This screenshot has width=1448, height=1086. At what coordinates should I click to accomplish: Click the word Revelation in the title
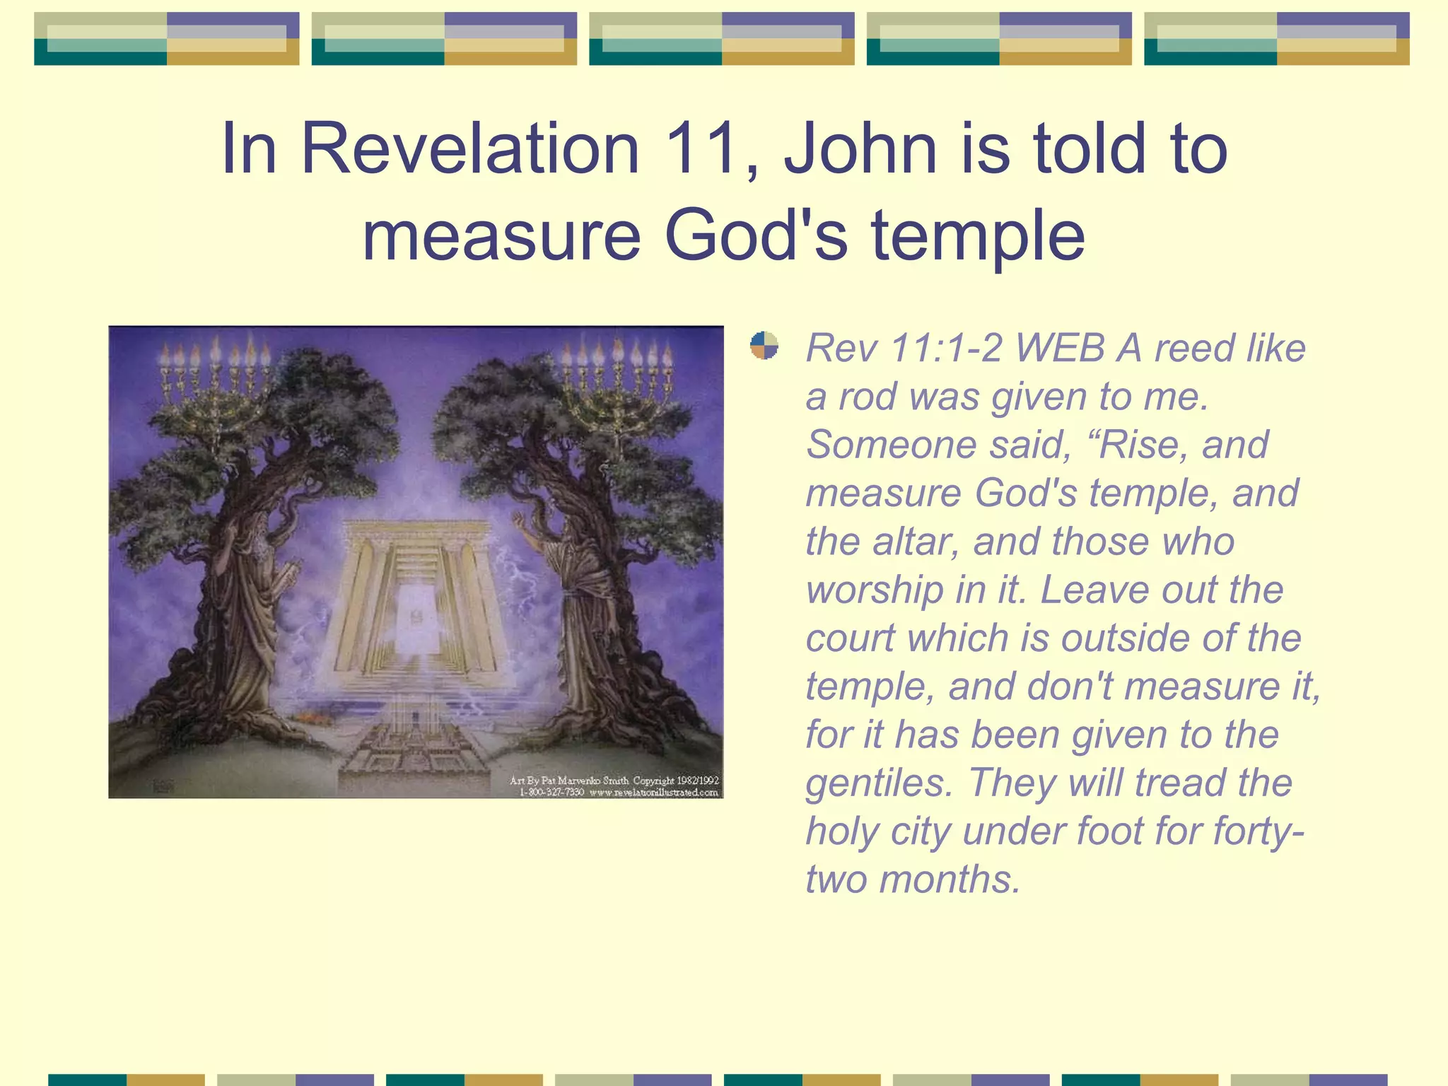[x=470, y=148]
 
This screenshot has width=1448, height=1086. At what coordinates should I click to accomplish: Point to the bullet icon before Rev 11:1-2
[x=764, y=346]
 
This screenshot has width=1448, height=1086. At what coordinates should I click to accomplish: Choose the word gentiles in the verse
[x=879, y=783]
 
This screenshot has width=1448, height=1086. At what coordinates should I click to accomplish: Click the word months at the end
[x=950, y=880]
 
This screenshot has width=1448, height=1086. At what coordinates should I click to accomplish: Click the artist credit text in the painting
[x=614, y=786]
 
